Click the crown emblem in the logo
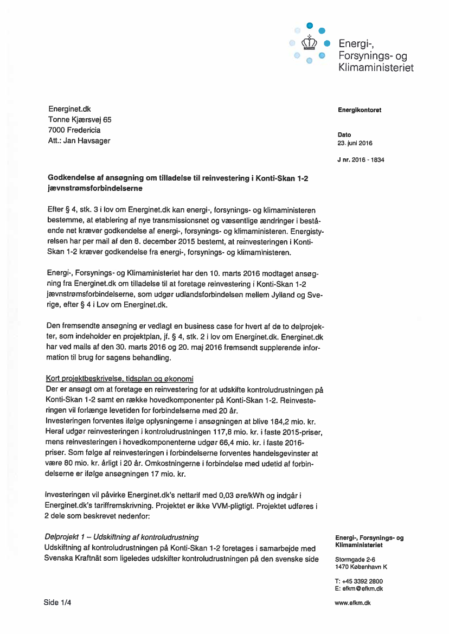pos(309,42)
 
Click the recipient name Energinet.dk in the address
pos(69,109)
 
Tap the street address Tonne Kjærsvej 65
pos(80,120)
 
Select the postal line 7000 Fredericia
pos(74,130)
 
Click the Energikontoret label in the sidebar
pos(359,110)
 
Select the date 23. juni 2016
pos(355,143)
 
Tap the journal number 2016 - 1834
pos(368,160)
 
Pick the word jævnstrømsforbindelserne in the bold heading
pos(95,188)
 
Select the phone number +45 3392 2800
pos(362,581)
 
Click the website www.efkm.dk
pos(352,603)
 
